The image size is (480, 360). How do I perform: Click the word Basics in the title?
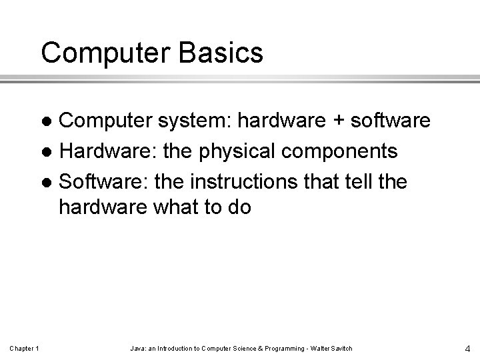(x=223, y=52)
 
